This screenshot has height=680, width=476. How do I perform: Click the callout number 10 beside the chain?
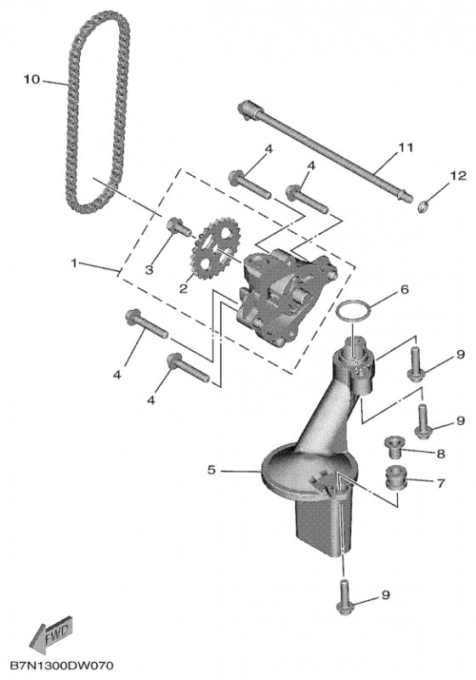pos(31,79)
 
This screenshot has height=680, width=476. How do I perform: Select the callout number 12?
pos(458,176)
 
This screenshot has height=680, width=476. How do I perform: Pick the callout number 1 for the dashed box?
pos(74,263)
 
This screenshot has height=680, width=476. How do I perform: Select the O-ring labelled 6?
pos(354,311)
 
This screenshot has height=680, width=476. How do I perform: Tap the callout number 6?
pos(404,289)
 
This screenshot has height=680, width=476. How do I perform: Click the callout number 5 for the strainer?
pos(211,470)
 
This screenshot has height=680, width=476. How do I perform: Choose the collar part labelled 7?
pos(395,478)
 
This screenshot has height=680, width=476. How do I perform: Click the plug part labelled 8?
pos(394,448)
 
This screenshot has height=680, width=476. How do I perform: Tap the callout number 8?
pos(440,454)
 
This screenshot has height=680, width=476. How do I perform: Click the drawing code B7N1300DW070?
pos(61,666)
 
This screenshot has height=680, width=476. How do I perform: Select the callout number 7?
pos(441,482)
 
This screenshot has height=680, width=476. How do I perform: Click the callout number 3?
pos(149,269)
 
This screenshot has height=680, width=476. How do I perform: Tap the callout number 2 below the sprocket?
pos(184,288)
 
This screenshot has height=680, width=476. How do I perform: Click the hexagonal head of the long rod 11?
pos(246,109)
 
